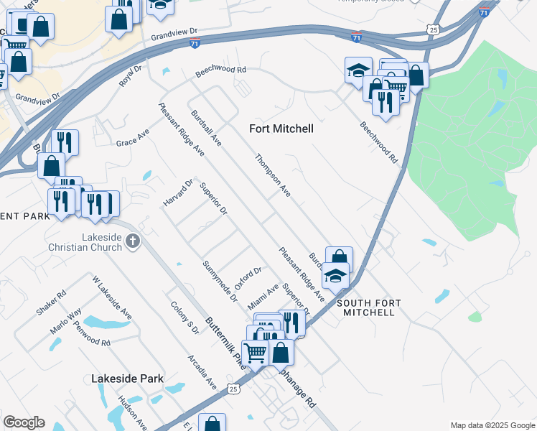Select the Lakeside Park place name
(x=128, y=379)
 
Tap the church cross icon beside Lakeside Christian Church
(x=133, y=242)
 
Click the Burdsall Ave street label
(x=206, y=128)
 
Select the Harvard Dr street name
(x=179, y=193)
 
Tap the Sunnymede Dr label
(x=220, y=282)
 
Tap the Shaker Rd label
(x=51, y=302)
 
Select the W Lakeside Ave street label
(x=111, y=297)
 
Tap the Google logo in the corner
(x=24, y=422)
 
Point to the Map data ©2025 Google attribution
(x=492, y=425)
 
